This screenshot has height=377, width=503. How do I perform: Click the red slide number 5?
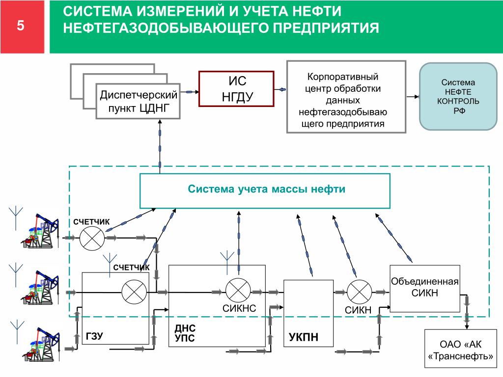point(21,26)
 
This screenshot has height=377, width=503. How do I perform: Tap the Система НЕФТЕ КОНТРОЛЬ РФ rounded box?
point(458,97)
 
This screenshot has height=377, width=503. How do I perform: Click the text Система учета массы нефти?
point(266,189)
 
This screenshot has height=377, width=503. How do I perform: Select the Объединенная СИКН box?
point(425,289)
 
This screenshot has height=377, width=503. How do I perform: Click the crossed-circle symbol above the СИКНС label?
point(238,290)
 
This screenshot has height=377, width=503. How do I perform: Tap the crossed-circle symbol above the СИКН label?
point(359,292)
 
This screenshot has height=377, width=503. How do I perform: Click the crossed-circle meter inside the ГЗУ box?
point(134,292)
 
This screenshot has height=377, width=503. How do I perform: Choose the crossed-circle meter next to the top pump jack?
point(92,238)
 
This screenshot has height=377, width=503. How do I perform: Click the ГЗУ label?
point(94,336)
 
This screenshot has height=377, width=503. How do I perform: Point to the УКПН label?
point(304,337)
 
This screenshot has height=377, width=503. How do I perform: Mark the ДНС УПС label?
point(185,333)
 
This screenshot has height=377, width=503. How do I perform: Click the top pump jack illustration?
point(40,231)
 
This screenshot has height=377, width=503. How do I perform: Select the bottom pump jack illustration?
point(41,344)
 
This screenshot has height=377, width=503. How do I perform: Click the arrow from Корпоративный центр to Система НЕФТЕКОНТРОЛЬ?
point(413,97)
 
